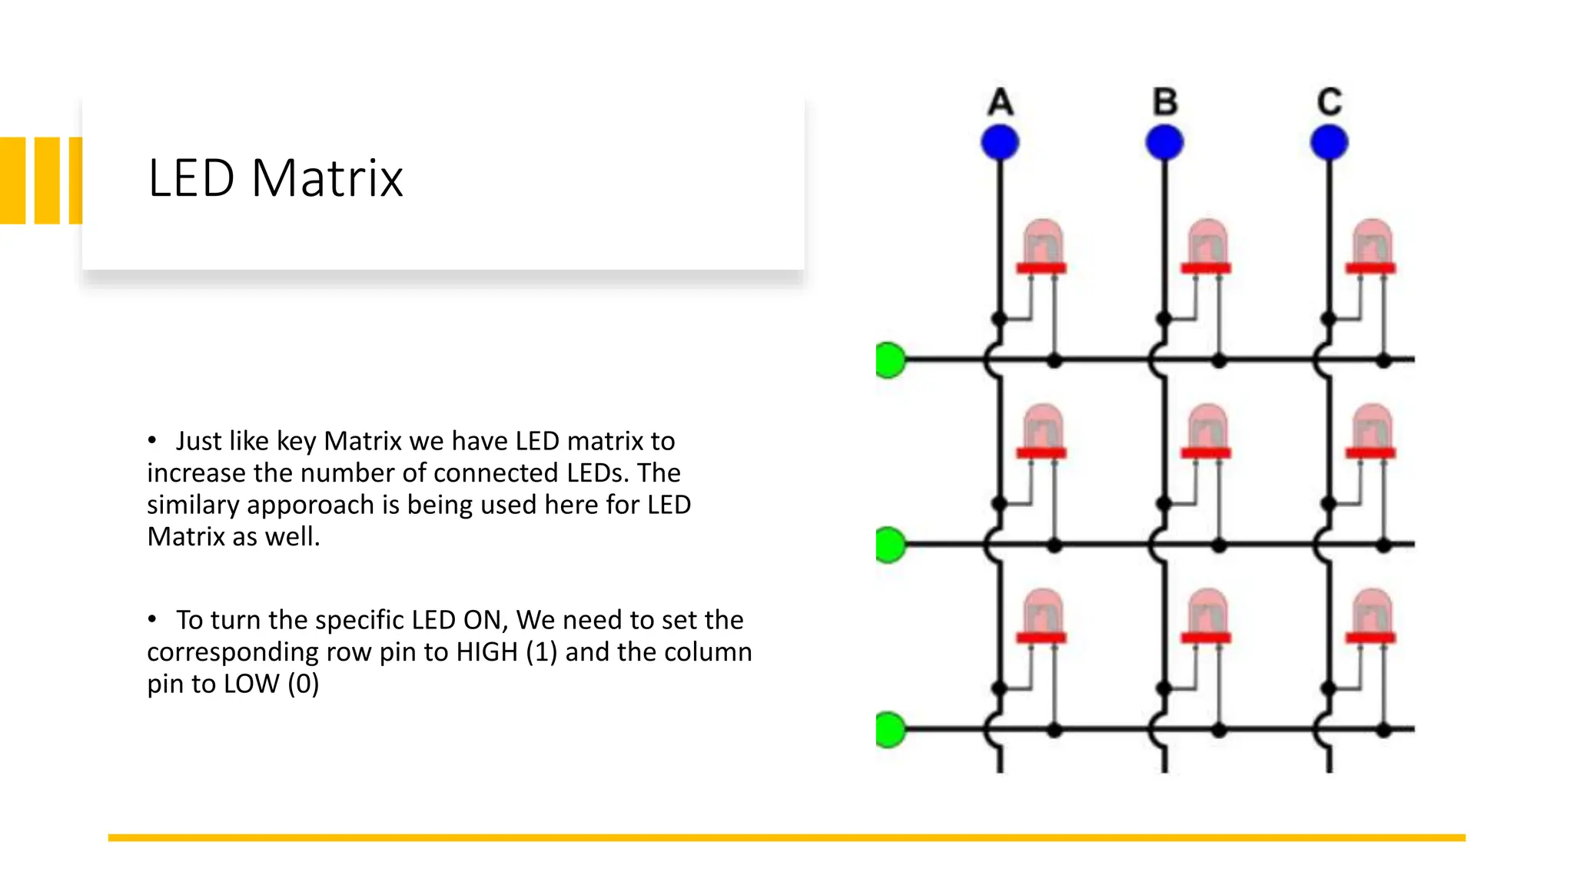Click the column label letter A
[x=1000, y=102]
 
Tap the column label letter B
[x=1165, y=102]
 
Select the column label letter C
[x=1330, y=102]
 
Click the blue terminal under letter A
[x=1000, y=143]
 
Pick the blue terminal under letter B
[x=1164, y=143]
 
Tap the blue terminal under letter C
[x=1330, y=143]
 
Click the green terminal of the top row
[x=890, y=360]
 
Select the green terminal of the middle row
[x=890, y=545]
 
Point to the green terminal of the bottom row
[x=890, y=729]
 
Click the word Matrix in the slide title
[x=327, y=178]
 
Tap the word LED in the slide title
[x=191, y=178]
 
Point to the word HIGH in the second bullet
[x=486, y=652]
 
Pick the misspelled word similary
[x=193, y=505]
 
